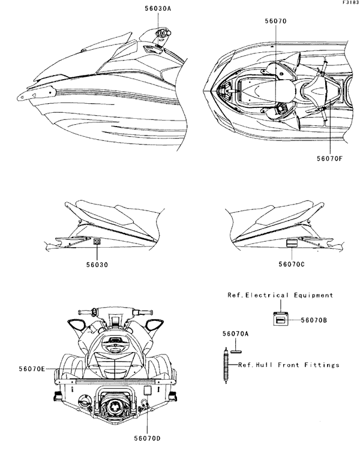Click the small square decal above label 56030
tap(80, 242)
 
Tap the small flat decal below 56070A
tap(235, 347)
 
